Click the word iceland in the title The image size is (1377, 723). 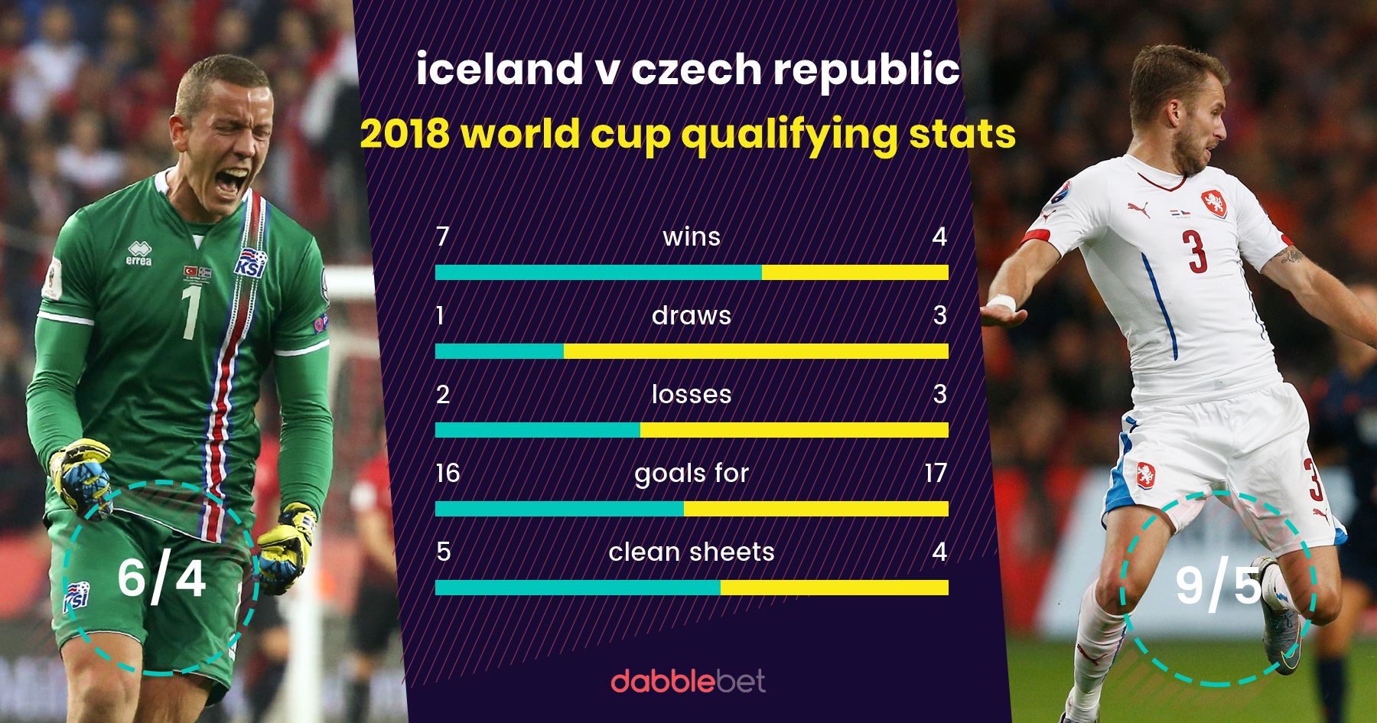tap(499, 70)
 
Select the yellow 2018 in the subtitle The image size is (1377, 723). tap(405, 134)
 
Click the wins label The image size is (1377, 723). tap(692, 236)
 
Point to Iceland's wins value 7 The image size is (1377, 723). tap(442, 236)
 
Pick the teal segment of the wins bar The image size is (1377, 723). tap(597, 272)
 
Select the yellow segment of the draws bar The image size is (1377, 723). tap(756, 351)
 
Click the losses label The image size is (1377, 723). tap(692, 394)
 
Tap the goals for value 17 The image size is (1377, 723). tap(936, 473)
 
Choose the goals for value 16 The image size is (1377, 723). tap(448, 473)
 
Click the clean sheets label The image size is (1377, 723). tap(692, 552)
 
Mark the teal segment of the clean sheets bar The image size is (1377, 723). tap(578, 588)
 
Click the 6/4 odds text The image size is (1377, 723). tap(161, 578)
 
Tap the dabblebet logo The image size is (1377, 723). tap(688, 680)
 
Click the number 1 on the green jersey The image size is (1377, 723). tap(190, 312)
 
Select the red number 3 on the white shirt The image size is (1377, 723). tap(1194, 251)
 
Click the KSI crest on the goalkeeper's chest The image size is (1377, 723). tap(249, 264)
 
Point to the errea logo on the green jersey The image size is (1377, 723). tap(138, 253)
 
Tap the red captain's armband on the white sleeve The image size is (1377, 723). tap(1037, 236)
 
